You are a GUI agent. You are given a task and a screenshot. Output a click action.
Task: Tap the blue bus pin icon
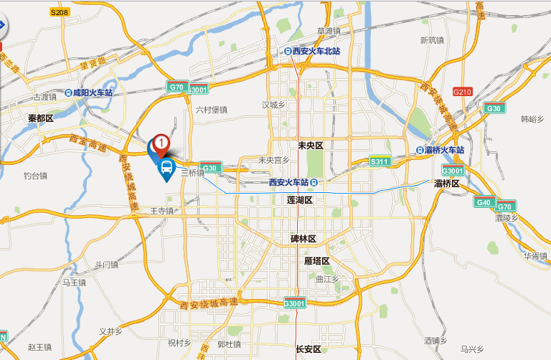coord(166,169)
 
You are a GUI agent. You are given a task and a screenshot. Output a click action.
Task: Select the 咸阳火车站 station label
coord(88,93)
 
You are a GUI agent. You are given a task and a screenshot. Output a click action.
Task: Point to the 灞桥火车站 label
coord(440,151)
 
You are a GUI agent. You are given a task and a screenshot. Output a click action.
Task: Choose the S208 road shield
coord(60,13)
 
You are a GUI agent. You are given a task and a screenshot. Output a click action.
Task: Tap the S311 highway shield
coord(379,163)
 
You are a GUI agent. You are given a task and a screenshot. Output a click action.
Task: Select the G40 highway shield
coord(484,202)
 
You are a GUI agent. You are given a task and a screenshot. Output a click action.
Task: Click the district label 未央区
coord(311,146)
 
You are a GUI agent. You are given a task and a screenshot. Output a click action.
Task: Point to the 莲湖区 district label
coord(299,200)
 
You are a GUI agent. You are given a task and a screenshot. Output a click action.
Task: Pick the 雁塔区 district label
coord(316,260)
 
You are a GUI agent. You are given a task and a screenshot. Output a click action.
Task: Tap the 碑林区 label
coord(303,238)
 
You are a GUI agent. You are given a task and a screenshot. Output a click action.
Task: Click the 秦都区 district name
coord(41,118)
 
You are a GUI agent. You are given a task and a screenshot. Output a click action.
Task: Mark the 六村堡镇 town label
coord(211,110)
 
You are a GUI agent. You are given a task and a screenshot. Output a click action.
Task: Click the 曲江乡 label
coord(326,278)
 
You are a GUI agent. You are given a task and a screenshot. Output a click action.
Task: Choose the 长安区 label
coord(309,349)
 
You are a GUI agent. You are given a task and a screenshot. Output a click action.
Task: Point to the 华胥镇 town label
coord(535,255)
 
